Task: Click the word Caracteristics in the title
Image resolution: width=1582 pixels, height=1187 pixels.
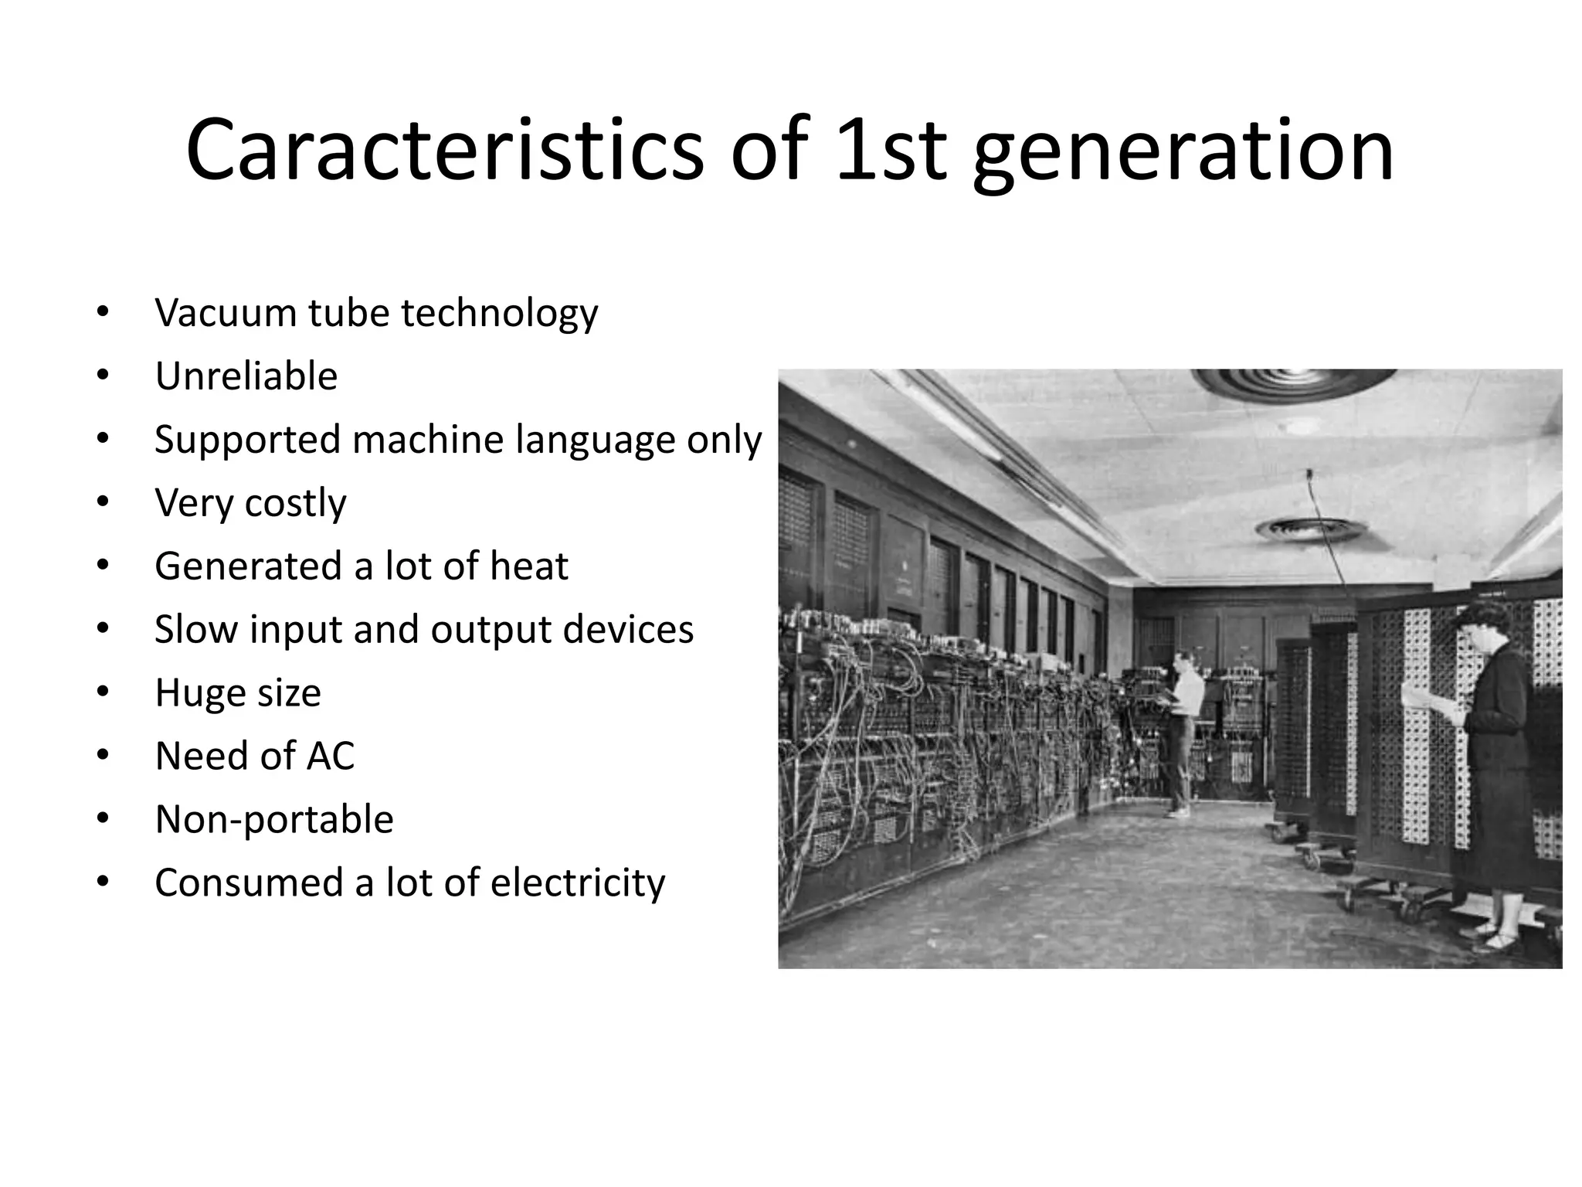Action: [444, 151]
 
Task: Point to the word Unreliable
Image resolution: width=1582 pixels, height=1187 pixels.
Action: [246, 376]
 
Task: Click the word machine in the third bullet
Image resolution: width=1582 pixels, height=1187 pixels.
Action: [428, 440]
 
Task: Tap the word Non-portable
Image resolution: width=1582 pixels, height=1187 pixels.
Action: [274, 819]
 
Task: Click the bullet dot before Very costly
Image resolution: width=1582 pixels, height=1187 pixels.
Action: [104, 502]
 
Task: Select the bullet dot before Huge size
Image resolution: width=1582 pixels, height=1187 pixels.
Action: [104, 692]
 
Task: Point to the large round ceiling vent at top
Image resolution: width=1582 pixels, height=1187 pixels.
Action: [1294, 383]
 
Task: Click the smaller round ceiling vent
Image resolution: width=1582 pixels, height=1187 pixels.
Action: [1311, 529]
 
